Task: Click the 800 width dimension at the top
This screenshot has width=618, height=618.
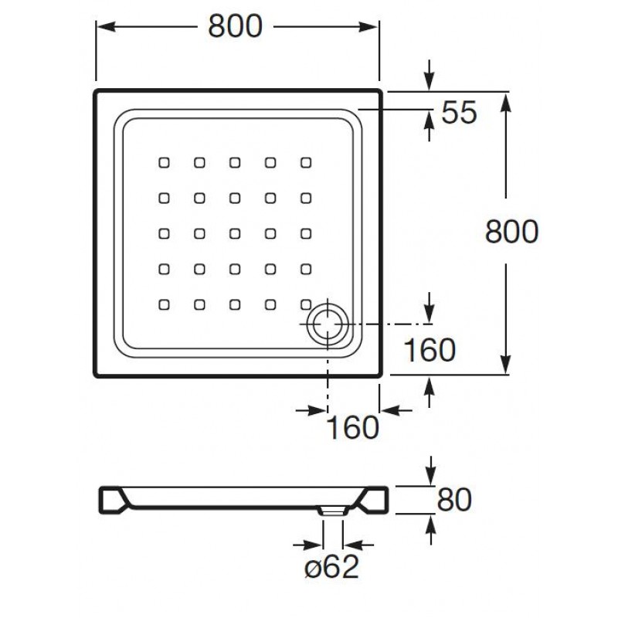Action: [x=236, y=27]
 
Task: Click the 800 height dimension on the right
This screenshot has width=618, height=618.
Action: [x=511, y=231]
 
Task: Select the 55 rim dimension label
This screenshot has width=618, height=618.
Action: [x=460, y=114]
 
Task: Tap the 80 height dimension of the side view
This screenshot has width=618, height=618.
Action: [x=454, y=500]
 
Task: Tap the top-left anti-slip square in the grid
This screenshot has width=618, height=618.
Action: [x=164, y=162]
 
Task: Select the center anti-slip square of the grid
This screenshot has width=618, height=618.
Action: [x=235, y=233]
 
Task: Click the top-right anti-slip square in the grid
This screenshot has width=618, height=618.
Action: [x=306, y=162]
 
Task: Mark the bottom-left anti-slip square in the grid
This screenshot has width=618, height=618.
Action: [x=164, y=304]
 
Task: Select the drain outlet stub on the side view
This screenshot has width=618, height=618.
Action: [x=333, y=510]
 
